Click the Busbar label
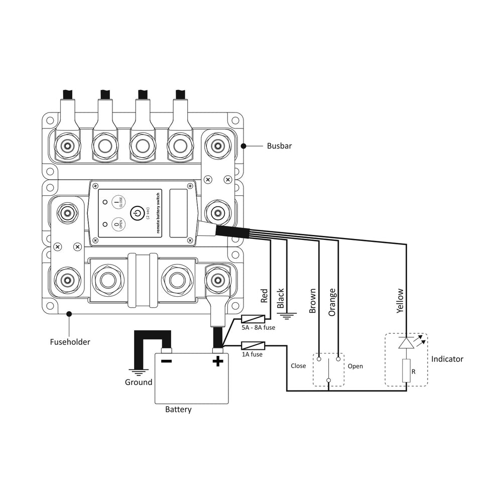pos(279,146)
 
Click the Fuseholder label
pos(70,342)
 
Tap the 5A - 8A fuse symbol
pos(253,319)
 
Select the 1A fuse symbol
pos(253,345)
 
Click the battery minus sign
pos(167,361)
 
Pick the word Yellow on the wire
pos(400,301)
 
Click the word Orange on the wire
pos(332,302)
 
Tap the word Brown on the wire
pos(312,301)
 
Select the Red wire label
pos(264,296)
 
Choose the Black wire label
pos(281,298)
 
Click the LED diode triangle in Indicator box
pos(406,343)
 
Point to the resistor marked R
pos(406,370)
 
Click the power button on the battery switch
pos(138,213)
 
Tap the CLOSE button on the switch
pos(118,202)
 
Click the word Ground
pos(139,382)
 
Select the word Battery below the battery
pos(178,410)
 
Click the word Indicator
pos(447,359)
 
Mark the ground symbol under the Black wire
pos(287,316)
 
